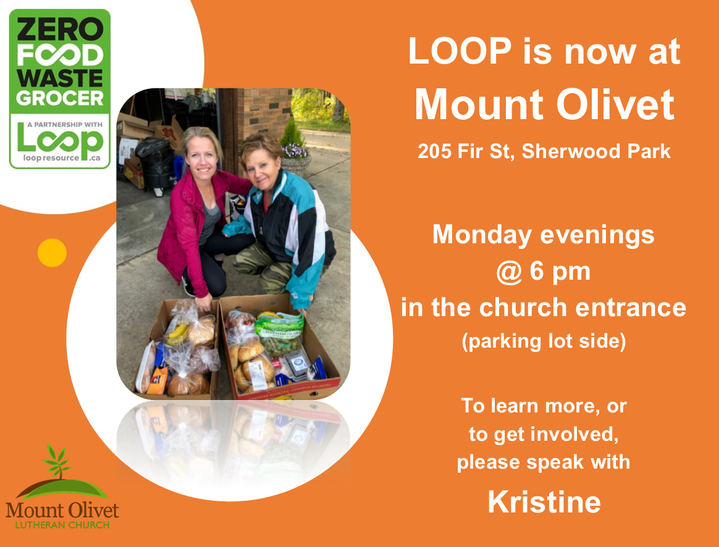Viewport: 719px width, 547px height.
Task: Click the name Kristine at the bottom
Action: tap(544, 502)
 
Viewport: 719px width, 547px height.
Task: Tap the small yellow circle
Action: tap(52, 253)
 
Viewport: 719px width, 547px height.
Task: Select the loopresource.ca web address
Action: tap(59, 157)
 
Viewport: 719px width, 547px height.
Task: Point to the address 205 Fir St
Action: tap(466, 151)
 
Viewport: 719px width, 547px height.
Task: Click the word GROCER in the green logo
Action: tap(59, 98)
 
